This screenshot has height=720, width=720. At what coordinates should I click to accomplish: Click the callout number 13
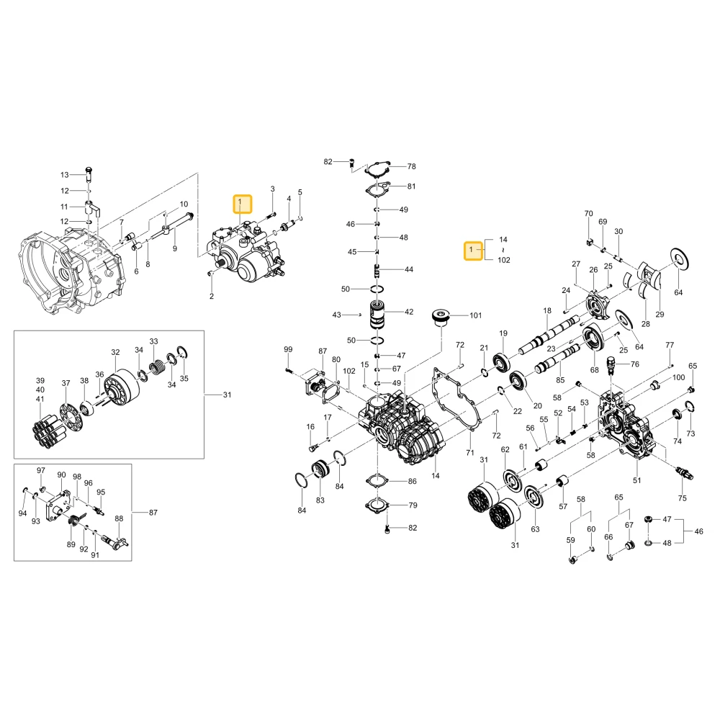click(64, 175)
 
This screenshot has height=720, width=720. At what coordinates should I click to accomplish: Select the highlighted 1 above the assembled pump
click(243, 204)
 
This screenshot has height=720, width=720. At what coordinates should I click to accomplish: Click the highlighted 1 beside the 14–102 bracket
click(473, 251)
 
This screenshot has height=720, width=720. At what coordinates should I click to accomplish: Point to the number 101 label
click(476, 315)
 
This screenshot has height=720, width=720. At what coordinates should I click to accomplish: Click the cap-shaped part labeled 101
click(442, 318)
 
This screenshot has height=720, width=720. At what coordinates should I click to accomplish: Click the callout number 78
click(411, 167)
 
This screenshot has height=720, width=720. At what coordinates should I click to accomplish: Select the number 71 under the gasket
click(469, 453)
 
